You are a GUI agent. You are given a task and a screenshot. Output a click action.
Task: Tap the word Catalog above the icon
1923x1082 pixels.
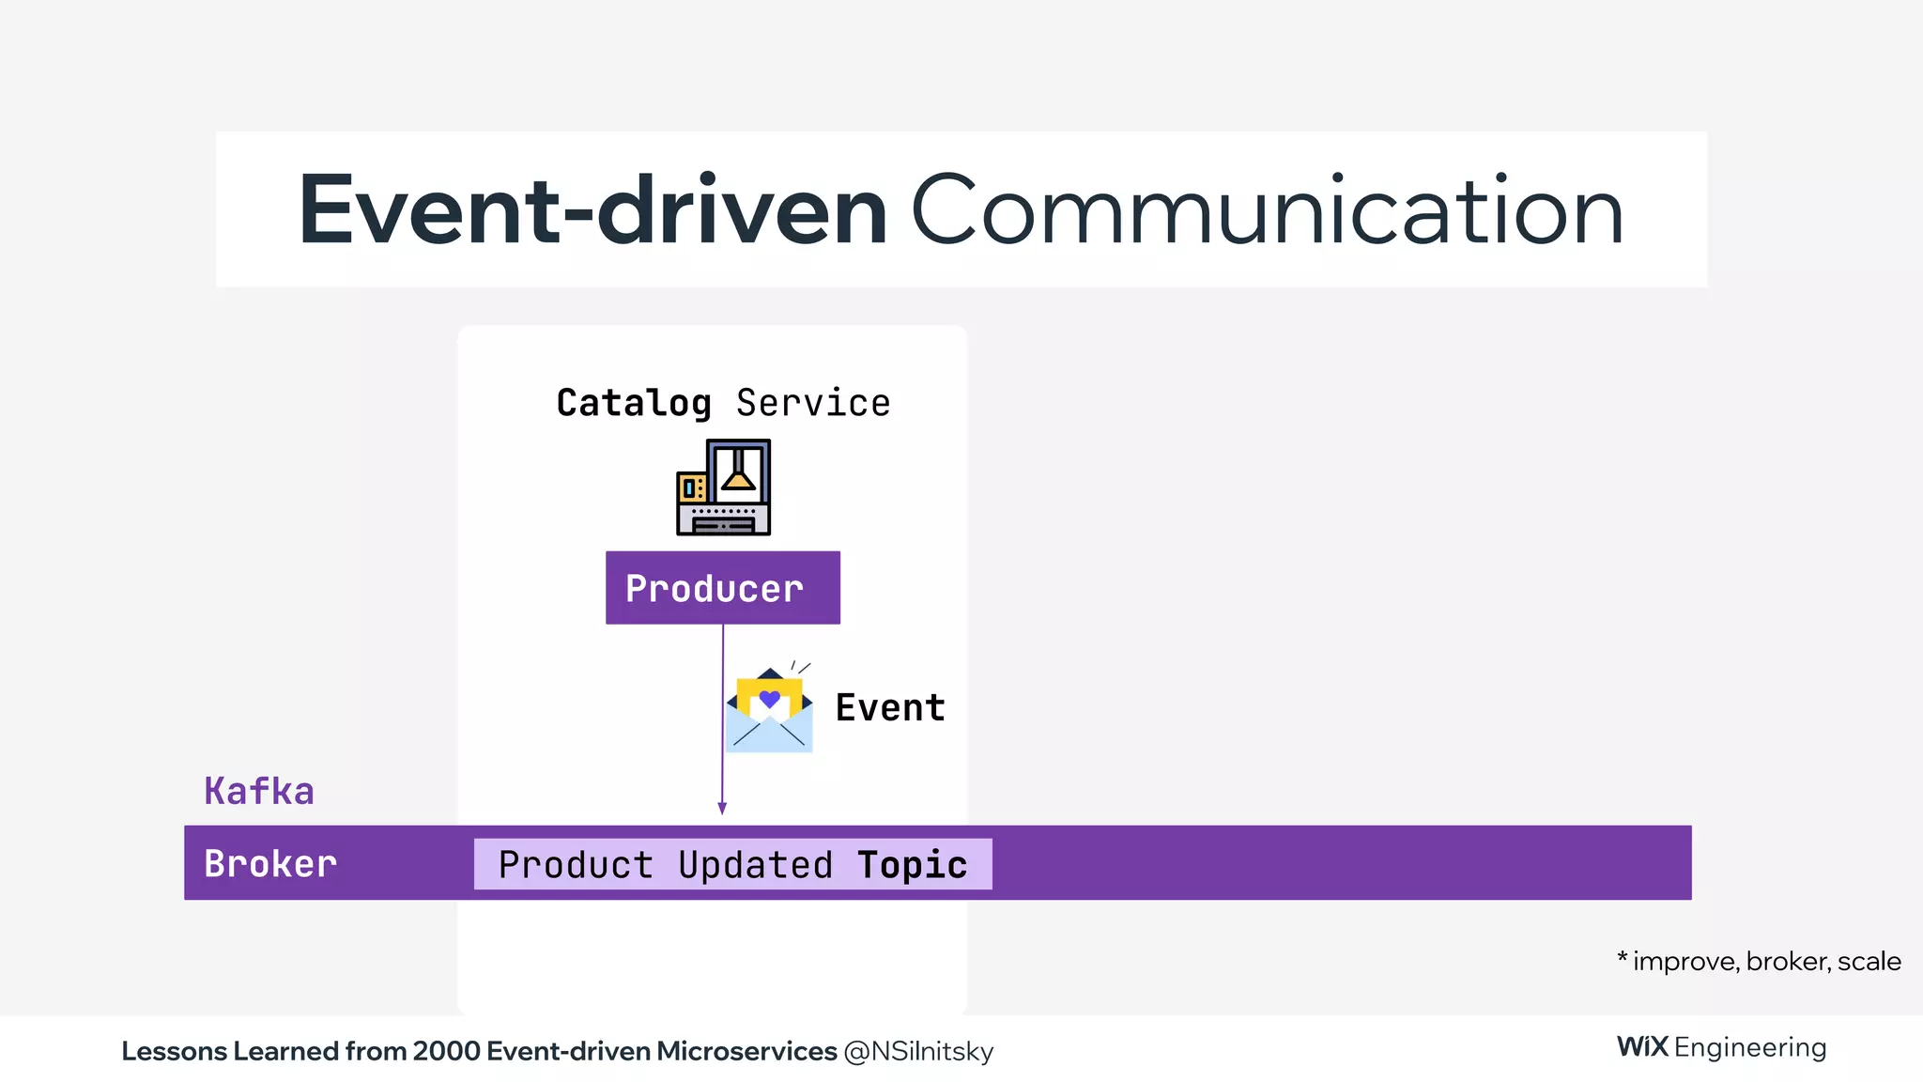634,403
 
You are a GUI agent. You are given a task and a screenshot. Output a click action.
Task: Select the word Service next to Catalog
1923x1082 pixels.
813,403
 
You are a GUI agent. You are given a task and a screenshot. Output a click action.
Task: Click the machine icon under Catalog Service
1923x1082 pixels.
723,487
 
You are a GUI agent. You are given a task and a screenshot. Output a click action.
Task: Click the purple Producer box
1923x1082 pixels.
722,588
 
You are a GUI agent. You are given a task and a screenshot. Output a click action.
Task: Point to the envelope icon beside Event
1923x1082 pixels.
769,712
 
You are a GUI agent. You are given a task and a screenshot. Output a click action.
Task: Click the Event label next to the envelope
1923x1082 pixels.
890,708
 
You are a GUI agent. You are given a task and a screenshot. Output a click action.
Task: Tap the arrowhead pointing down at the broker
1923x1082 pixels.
722,808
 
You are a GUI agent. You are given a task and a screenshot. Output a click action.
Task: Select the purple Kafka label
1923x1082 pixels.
259,791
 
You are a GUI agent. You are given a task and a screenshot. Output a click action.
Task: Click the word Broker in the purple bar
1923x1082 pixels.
270,863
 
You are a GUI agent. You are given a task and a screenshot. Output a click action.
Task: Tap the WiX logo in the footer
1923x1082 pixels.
1642,1046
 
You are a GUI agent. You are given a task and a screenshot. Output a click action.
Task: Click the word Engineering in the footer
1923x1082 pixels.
1750,1047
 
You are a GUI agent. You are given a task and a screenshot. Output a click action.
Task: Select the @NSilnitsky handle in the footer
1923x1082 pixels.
918,1051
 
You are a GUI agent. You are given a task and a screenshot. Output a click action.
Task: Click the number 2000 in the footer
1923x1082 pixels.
446,1051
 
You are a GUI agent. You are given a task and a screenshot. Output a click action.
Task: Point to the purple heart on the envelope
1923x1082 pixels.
770,699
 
